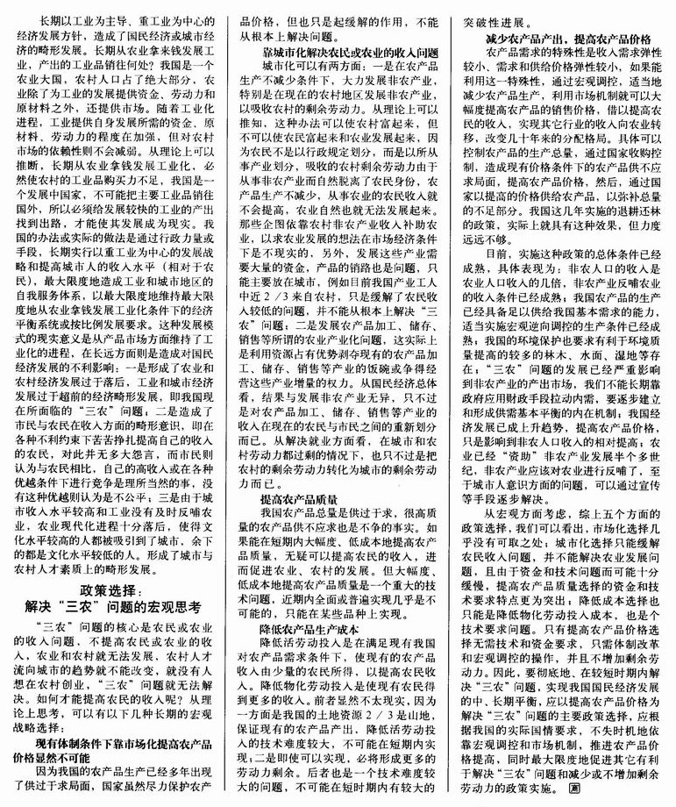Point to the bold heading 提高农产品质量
click(x=294, y=498)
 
